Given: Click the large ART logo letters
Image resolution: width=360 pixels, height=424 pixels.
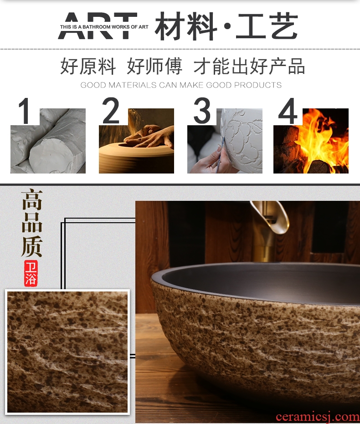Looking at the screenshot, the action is coord(98,26).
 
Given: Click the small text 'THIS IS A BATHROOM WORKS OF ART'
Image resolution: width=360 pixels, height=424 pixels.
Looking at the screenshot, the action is coord(104,27).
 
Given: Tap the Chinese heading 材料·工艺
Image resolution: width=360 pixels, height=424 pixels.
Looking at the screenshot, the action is coord(226,26).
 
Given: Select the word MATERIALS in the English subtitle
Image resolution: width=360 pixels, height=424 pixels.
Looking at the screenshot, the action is coord(132,85).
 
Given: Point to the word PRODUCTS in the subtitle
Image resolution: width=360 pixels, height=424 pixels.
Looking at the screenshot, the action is coord(258,85).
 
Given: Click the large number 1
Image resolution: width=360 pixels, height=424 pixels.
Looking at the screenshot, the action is coord(24,111).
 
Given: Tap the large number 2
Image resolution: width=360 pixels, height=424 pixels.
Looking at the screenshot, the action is coord(111,111).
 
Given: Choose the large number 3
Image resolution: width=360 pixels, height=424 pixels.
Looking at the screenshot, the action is coord(202,111).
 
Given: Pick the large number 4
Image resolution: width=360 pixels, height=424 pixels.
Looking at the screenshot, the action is coord(288,111).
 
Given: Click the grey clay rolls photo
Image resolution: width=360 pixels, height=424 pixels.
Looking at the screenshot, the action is coord(48,141).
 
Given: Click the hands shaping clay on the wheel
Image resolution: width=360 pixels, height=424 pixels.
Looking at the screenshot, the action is coord(149,137).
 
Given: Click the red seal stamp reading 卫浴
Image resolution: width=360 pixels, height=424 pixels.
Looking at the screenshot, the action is coord(31,273).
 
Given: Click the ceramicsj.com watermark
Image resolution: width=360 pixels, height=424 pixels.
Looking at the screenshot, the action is coord(318,417).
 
